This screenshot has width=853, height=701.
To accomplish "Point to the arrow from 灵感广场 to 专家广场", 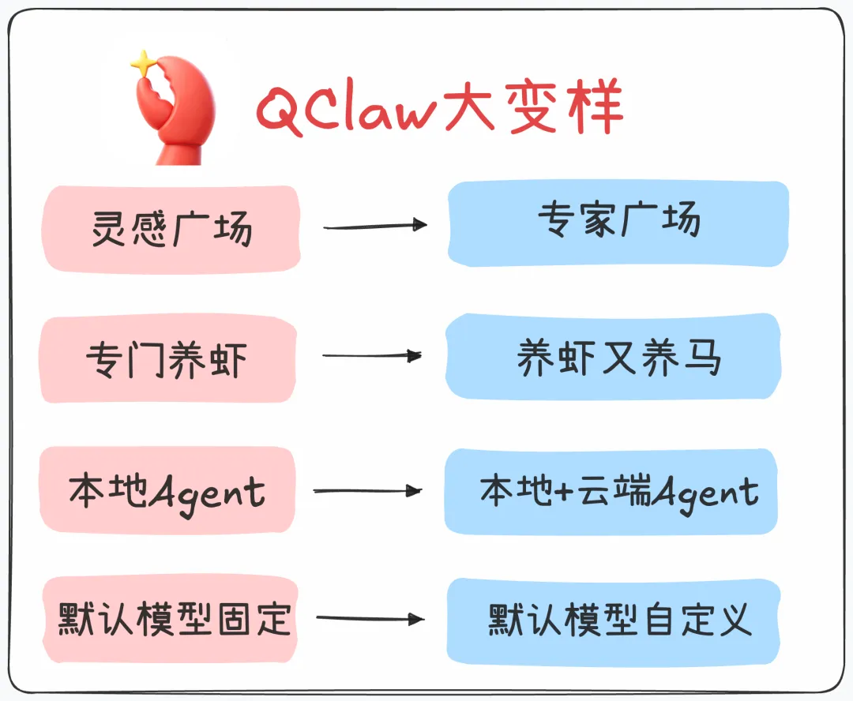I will pos(374,227).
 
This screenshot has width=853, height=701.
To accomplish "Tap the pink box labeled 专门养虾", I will pos(167,359).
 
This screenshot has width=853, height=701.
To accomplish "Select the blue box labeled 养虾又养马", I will pos(613,357).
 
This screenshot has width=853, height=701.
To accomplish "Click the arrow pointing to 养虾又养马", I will pos(371,356).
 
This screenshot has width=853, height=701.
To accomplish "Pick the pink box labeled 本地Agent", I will pos(167,491).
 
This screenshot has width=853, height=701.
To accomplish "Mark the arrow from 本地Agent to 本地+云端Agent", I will pos(367,491).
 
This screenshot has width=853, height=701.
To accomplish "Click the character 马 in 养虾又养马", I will pos(700,358).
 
